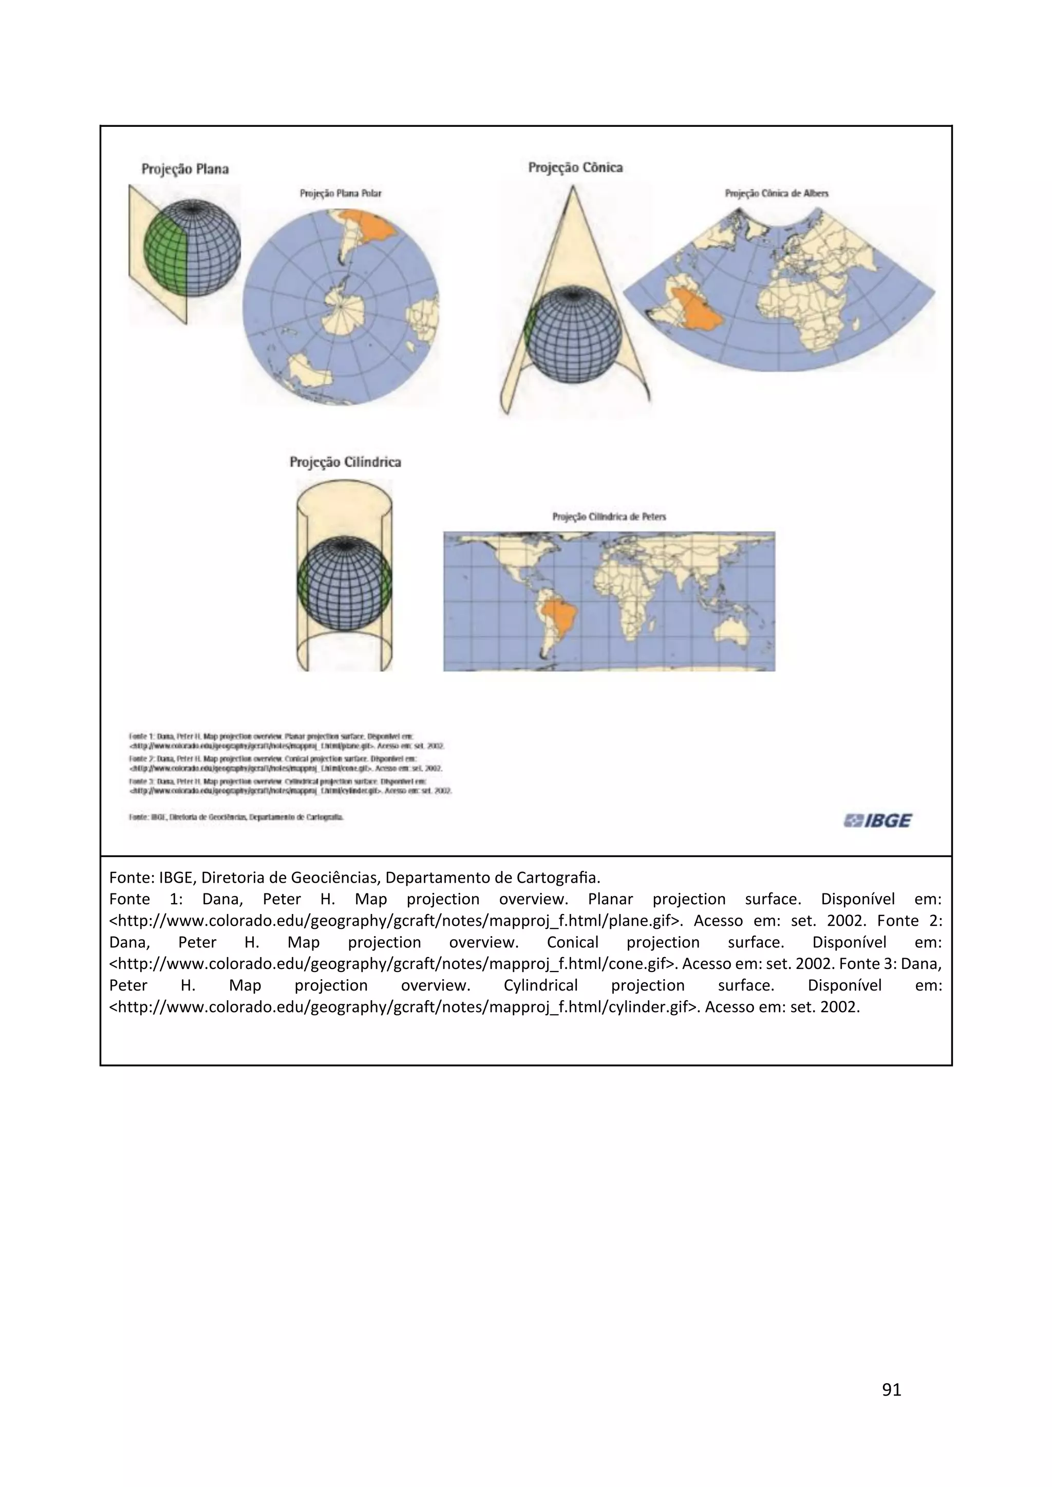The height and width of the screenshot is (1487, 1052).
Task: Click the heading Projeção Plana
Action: tap(185, 169)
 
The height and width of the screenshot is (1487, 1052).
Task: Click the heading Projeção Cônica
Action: tap(575, 168)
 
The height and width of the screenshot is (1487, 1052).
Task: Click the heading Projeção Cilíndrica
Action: tap(345, 462)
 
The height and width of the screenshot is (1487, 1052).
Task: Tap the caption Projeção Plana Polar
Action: tap(340, 193)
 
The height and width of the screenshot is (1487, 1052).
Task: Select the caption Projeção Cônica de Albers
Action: tap(776, 193)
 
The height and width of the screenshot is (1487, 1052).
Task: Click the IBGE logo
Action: tap(877, 821)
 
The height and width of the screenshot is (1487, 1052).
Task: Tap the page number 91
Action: tap(891, 1389)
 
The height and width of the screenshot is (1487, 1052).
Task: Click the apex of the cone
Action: tap(572, 188)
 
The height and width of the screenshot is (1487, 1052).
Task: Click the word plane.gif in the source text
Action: tap(646, 920)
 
